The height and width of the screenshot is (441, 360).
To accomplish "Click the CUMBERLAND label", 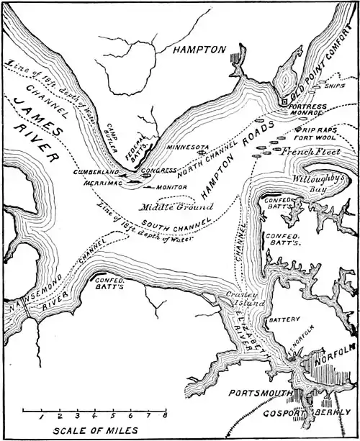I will click(96, 173).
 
